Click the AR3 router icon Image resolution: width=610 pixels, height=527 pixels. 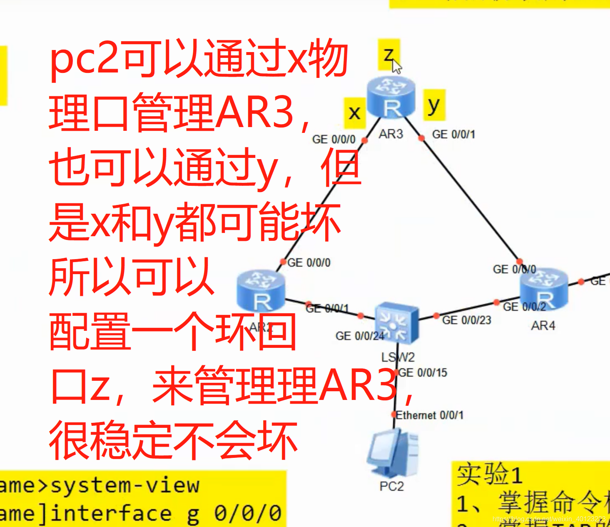[x=391, y=97]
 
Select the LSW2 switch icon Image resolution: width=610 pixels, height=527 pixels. [x=396, y=323]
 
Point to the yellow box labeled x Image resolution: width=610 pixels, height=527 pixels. [x=354, y=112]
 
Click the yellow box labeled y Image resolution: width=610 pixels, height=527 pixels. [x=434, y=105]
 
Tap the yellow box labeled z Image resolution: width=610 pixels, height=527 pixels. [x=388, y=54]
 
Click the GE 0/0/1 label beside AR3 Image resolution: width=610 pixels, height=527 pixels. [x=453, y=134]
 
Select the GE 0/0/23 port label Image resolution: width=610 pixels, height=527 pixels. [x=466, y=320]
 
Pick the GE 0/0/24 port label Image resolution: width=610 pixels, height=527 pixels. [x=359, y=336]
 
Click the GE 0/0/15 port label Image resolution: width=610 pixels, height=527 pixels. [x=423, y=372]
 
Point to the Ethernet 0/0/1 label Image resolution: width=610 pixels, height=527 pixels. [x=429, y=415]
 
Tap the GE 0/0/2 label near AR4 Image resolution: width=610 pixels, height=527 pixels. [x=524, y=307]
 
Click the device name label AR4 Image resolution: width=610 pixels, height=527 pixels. [x=543, y=325]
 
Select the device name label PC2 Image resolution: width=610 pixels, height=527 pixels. [x=391, y=486]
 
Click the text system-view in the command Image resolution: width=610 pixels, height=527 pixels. [x=124, y=485]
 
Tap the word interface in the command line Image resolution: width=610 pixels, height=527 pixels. [x=110, y=513]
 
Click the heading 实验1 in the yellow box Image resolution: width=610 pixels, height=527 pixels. [x=489, y=475]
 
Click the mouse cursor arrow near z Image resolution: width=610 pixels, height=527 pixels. [x=397, y=66]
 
